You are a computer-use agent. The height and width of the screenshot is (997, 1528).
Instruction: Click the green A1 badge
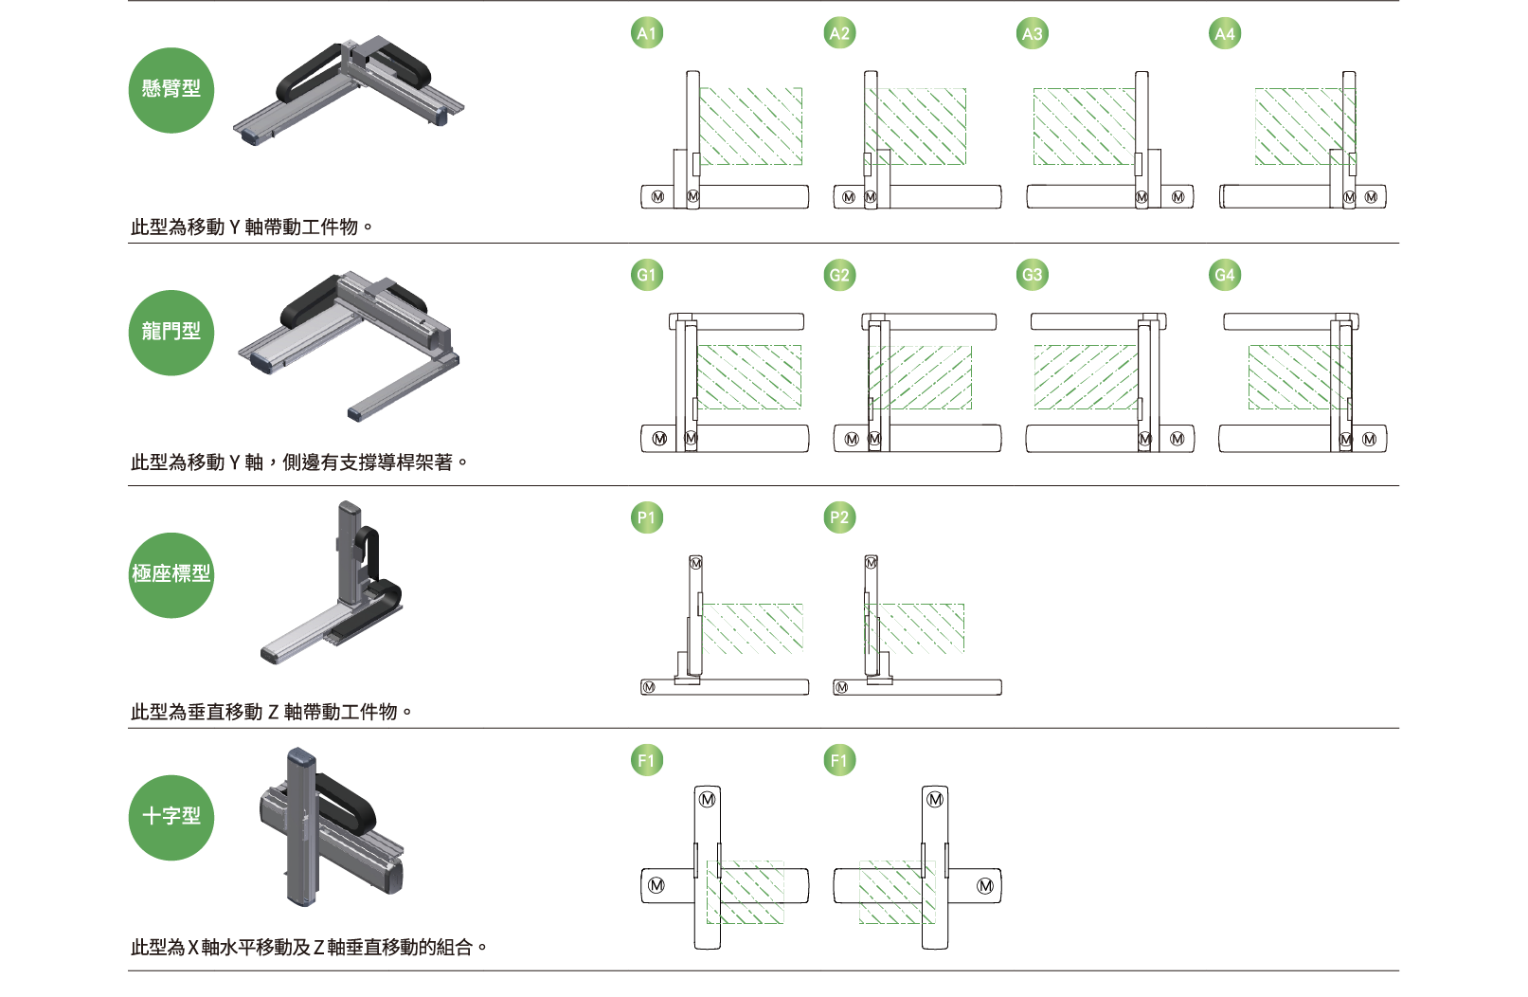click(x=647, y=34)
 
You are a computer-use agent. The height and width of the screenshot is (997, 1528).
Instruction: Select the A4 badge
click(x=1225, y=34)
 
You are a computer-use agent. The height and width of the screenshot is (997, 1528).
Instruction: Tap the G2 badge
click(x=839, y=276)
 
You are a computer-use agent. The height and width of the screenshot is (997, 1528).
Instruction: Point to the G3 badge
click(x=1032, y=276)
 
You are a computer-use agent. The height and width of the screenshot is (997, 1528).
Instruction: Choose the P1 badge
click(x=647, y=518)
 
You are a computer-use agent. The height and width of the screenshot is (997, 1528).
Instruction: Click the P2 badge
click(x=839, y=518)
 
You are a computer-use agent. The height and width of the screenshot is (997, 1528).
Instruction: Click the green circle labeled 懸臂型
click(x=171, y=90)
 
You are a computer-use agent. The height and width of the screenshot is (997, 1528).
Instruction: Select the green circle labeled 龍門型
click(x=171, y=333)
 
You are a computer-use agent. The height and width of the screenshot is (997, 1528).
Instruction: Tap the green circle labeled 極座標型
click(x=171, y=575)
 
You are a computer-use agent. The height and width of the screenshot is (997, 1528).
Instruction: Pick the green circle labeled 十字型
click(x=171, y=818)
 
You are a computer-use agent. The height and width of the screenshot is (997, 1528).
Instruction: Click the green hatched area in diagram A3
click(x=1083, y=126)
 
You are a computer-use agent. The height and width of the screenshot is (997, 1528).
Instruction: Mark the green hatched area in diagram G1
click(x=749, y=376)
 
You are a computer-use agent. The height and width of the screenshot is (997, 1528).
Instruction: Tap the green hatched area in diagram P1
click(x=753, y=628)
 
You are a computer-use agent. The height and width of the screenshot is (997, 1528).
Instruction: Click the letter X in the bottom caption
click(x=193, y=948)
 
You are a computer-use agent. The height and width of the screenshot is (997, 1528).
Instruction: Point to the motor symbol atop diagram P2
click(x=872, y=563)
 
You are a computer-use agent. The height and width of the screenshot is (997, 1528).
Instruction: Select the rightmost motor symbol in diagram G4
click(x=1370, y=440)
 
